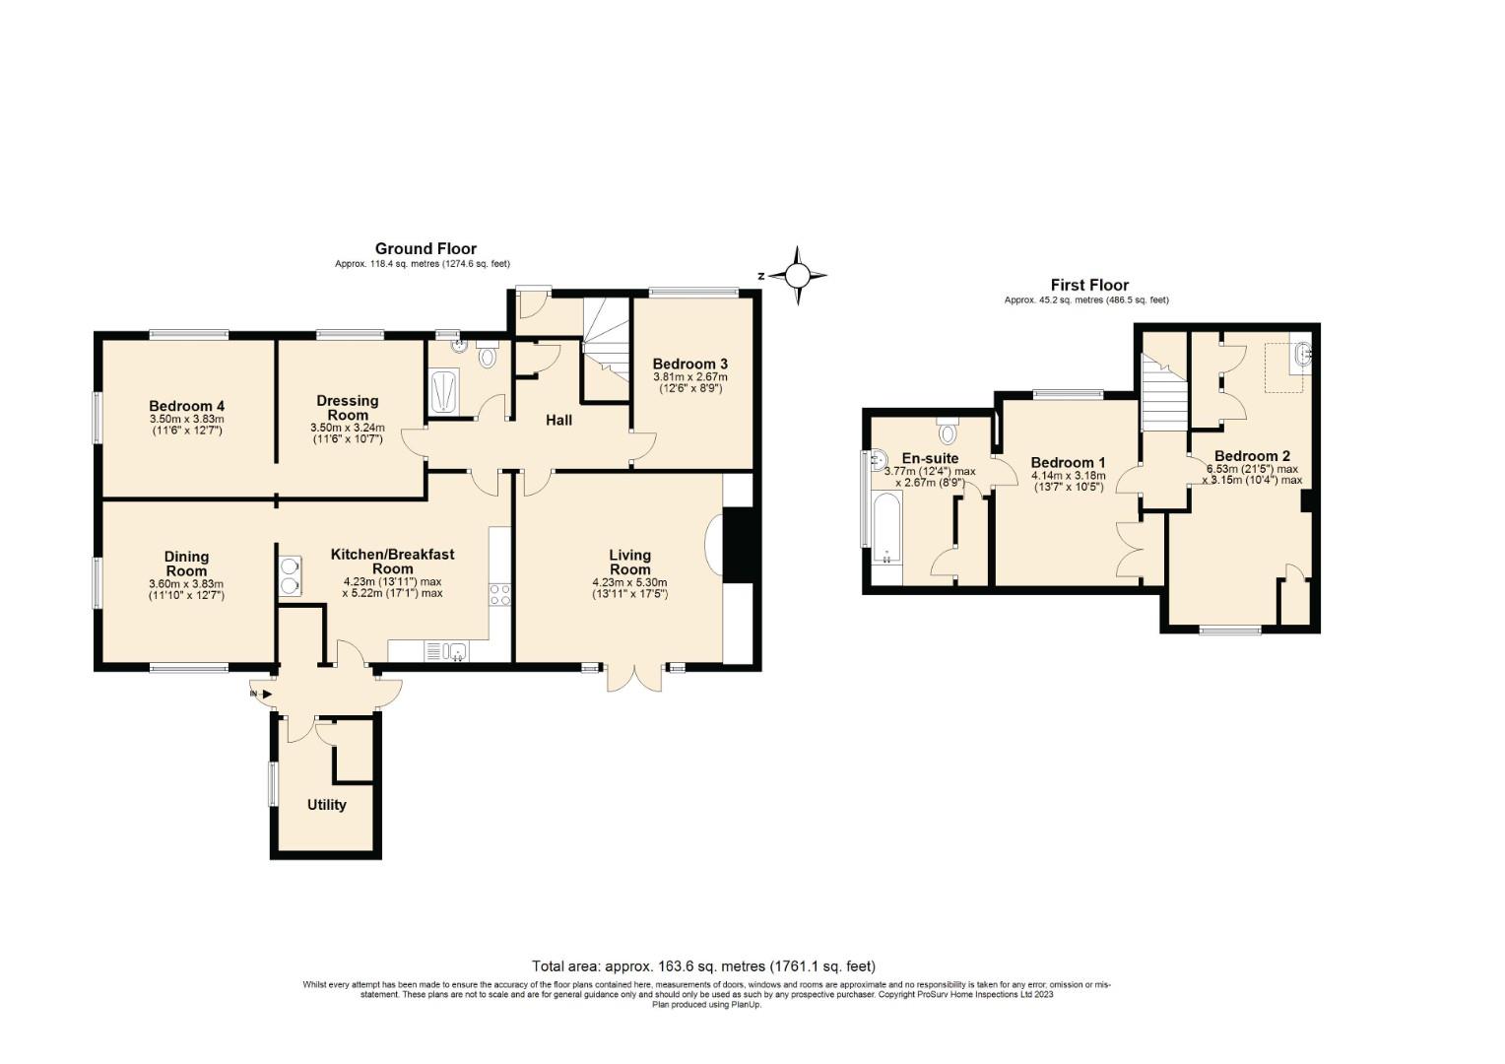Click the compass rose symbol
pyautogui.click(x=798, y=276)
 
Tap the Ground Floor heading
pyautogui.click(x=425, y=248)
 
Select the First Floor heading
pyautogui.click(x=1089, y=285)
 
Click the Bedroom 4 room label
pyautogui.click(x=187, y=406)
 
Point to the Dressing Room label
pyautogui.click(x=348, y=408)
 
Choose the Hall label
pyautogui.click(x=559, y=420)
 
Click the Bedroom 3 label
pyautogui.click(x=690, y=365)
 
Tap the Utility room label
pyautogui.click(x=327, y=805)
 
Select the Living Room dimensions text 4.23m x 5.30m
pyautogui.click(x=629, y=582)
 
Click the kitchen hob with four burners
pyautogui.click(x=500, y=595)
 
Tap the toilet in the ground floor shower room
pyautogui.click(x=487, y=354)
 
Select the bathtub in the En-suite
pyautogui.click(x=886, y=528)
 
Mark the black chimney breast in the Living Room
pyautogui.click(x=739, y=545)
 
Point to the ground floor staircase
pyautogui.click(x=606, y=350)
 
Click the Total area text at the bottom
pyautogui.click(x=703, y=966)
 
